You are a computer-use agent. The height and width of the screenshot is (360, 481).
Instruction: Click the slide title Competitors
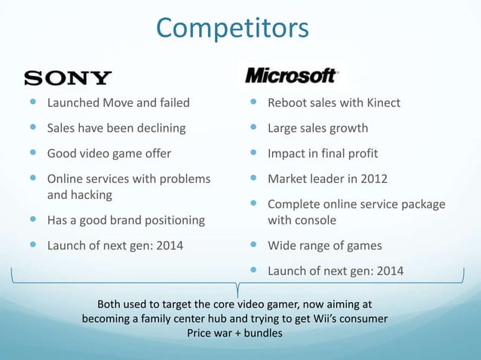coord(232,28)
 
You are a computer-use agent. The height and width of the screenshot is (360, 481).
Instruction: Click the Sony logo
coord(69,78)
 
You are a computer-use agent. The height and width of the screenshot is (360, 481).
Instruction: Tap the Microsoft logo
coord(290,76)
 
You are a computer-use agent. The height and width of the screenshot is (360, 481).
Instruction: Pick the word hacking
coord(91,194)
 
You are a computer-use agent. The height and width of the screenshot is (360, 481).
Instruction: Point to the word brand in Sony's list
coord(130,220)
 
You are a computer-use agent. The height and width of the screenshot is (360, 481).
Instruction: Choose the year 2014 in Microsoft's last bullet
coord(388,271)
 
